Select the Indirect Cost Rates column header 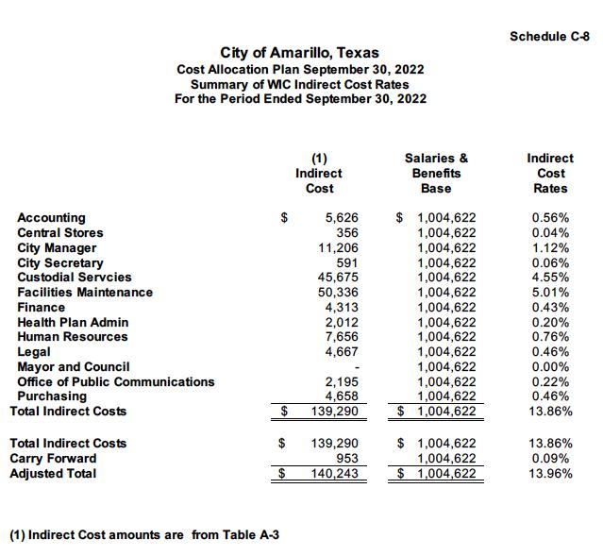pos(550,174)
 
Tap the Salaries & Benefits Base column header pos(436,174)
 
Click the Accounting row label pos(51,217)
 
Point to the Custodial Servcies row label pos(75,278)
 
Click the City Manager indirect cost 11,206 pos(341,247)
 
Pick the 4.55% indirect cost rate pos(550,278)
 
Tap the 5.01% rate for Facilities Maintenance pos(550,293)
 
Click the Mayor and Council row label pos(74,366)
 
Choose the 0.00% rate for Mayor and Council pos(550,366)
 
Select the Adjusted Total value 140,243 pos(337,473)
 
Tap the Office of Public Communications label pos(116,381)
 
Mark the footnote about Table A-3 pos(143,535)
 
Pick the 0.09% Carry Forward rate pos(550,458)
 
